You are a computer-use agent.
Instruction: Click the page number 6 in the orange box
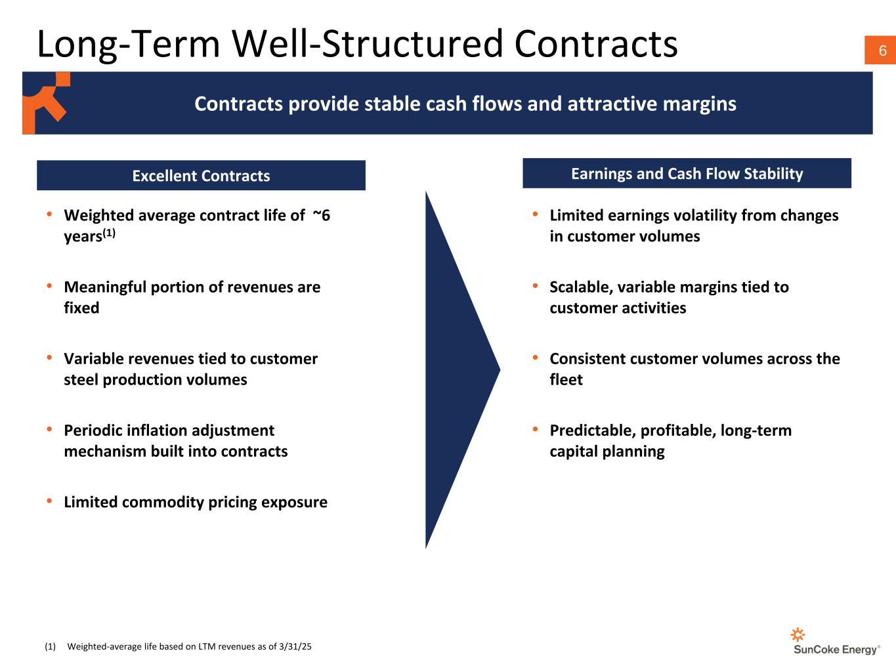click(x=882, y=51)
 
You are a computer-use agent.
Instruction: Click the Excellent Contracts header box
click(x=201, y=176)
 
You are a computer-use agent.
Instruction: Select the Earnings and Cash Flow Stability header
click(x=687, y=173)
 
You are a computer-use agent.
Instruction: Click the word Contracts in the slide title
click(x=595, y=44)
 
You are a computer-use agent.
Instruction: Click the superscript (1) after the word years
click(x=109, y=233)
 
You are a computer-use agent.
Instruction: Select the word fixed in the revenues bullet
click(x=81, y=308)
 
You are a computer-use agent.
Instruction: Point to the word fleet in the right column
click(x=566, y=379)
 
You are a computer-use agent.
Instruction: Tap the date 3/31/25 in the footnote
click(x=295, y=646)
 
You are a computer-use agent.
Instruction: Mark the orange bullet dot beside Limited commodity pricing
click(x=50, y=501)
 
